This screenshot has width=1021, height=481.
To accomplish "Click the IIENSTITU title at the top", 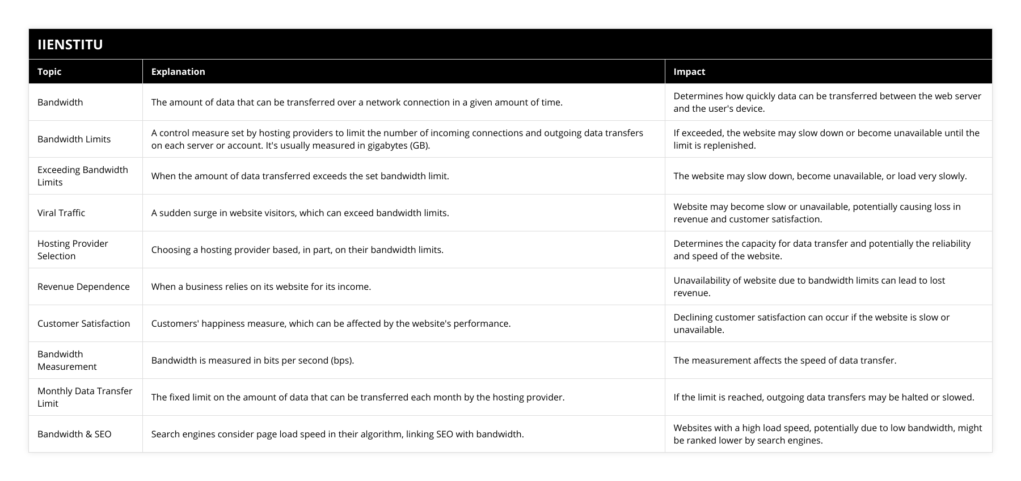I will coord(70,44).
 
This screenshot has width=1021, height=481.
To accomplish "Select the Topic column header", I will coord(49,71).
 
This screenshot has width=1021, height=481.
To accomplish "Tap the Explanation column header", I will coord(178,71).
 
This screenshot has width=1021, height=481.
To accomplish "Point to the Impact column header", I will coord(689,71).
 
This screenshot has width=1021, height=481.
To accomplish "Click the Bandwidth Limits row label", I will coord(74,139).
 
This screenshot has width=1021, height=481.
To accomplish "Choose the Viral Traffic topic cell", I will coord(61,213).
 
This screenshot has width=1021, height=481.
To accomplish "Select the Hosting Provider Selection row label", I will coord(73,250).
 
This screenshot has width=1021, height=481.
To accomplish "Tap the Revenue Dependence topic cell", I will coord(83,286).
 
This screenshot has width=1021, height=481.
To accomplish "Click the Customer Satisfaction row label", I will coord(83,323).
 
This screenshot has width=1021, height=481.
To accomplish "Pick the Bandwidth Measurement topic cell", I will coord(67,360).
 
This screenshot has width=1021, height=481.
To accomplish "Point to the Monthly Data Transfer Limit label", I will coord(85,397).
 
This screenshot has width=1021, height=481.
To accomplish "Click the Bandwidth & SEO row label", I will coord(74,434).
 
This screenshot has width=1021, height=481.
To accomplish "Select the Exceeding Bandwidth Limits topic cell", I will coord(82,176).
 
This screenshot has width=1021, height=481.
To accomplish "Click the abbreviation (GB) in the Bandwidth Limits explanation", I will coord(420,145).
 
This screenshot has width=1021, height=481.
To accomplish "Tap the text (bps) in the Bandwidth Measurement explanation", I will coord(341,360).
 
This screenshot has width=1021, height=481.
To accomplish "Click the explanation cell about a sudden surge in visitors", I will coord(300,213).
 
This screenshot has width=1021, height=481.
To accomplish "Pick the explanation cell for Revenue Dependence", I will coord(261,286).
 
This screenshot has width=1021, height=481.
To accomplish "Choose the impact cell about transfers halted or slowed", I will coord(824,397).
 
